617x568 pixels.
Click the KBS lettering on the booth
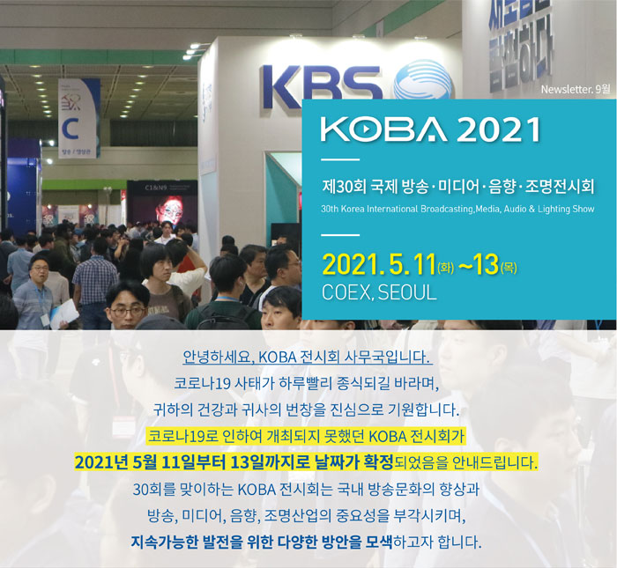click(x=321, y=87)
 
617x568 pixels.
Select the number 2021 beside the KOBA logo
click(x=498, y=129)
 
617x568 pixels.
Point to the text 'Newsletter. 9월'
click(x=576, y=89)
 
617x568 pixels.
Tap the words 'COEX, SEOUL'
click(x=379, y=292)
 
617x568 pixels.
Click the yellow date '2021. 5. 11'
click(x=379, y=265)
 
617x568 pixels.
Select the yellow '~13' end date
click(x=479, y=264)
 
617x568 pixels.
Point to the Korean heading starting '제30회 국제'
click(x=457, y=186)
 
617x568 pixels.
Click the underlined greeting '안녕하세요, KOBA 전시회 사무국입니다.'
click(x=308, y=358)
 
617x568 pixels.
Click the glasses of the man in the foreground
click(x=128, y=312)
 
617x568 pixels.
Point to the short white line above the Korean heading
click(x=340, y=159)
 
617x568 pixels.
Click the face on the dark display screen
click(x=170, y=210)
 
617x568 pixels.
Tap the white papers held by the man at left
click(x=64, y=314)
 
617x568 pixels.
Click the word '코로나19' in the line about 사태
click(x=202, y=383)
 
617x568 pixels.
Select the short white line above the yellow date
click(x=340, y=234)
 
